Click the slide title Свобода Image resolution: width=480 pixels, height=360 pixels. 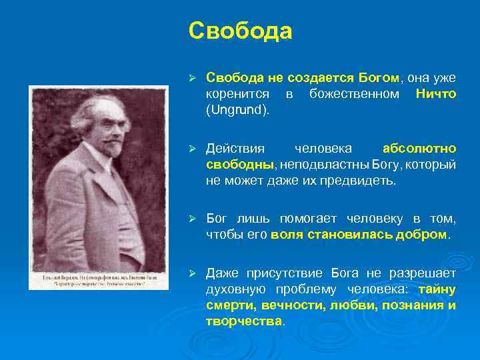(240, 31)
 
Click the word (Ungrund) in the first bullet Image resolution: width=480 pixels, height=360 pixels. (238, 109)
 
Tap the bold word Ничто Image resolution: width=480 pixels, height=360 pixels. (436, 94)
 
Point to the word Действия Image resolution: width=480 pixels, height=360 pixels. (235, 148)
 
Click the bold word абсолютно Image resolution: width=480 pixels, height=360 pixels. (419, 148)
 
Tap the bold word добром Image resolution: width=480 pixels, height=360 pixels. (424, 235)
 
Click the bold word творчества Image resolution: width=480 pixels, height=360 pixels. (244, 321)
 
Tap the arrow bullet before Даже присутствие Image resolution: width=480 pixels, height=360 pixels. (191, 273)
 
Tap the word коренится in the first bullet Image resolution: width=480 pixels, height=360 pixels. (238, 94)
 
